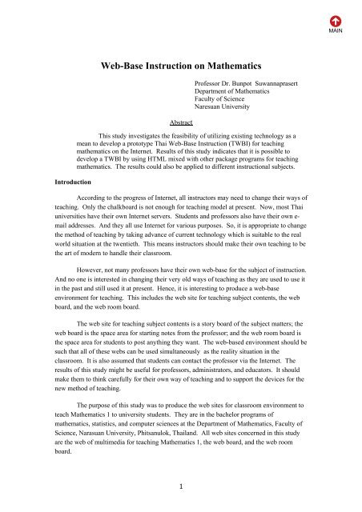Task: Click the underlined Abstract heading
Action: click(181, 122)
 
